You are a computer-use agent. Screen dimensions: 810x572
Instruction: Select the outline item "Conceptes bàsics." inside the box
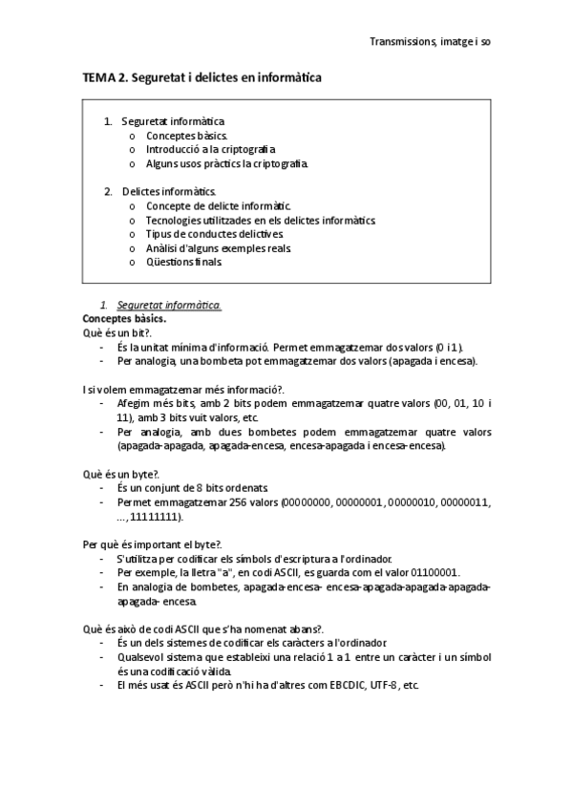(x=186, y=136)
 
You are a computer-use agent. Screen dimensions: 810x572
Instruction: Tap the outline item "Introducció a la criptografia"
(x=210, y=150)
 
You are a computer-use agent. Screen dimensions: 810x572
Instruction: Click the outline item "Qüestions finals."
(x=183, y=261)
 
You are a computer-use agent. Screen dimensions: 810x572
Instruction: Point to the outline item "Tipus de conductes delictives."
(x=215, y=233)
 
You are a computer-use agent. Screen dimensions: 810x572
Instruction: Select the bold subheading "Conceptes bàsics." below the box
(x=124, y=318)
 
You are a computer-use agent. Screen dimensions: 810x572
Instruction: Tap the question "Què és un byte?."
(x=120, y=474)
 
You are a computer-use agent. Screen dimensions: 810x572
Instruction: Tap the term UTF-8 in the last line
(x=386, y=685)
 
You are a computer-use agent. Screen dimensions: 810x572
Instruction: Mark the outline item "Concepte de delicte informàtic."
(x=219, y=205)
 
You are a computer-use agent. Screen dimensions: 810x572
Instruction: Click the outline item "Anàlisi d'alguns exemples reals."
(x=219, y=247)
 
